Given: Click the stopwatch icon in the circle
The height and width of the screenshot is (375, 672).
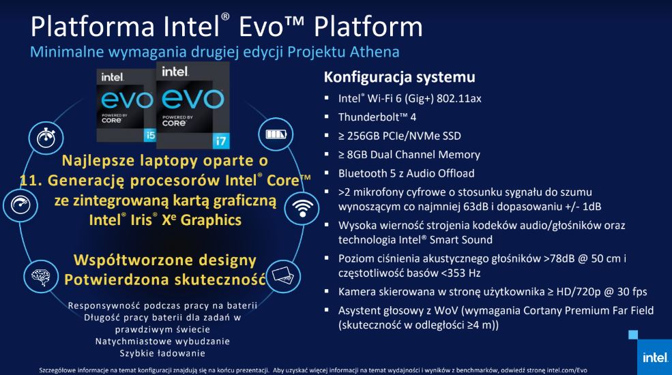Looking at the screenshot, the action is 46,138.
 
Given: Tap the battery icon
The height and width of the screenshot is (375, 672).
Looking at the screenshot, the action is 276,134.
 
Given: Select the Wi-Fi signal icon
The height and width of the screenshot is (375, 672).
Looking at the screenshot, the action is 302,209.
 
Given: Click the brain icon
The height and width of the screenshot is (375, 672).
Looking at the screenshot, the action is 41,277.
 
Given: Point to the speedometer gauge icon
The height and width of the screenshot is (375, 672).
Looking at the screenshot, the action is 20,205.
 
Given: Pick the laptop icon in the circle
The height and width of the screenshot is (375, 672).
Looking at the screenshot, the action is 283,275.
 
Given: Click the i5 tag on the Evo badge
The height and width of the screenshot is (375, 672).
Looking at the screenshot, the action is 150,135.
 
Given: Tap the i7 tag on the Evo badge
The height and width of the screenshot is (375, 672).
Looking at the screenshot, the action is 221,140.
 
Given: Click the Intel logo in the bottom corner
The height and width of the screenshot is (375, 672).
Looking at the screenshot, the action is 655,357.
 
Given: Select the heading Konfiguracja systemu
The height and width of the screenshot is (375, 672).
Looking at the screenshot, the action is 399,77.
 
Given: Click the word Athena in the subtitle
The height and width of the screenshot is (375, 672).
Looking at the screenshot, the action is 375,52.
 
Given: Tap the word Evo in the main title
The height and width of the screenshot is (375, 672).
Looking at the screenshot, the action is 261,27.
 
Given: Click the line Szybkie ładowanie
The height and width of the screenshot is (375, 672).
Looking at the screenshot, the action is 162,354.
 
